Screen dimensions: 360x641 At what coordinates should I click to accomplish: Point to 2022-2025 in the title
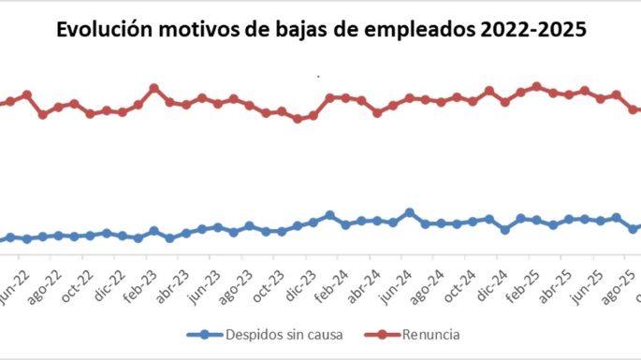536,29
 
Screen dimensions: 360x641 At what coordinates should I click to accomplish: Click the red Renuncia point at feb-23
154,89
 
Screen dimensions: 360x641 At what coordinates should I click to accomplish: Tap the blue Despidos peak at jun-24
409,212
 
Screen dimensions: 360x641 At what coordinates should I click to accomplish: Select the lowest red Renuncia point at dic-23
298,119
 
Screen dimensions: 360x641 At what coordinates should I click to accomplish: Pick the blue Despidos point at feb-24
329,215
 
